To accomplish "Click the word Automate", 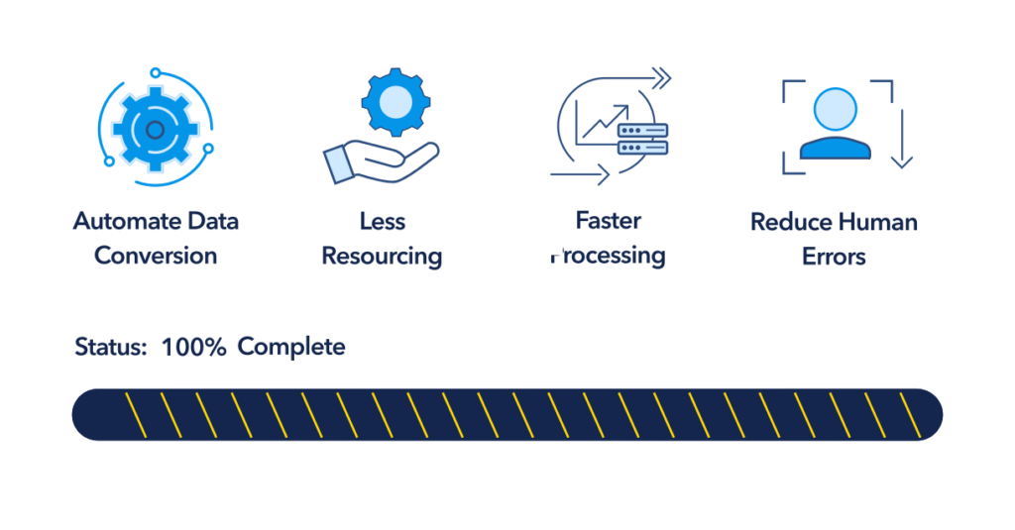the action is [x=127, y=221].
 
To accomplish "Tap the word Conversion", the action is [x=156, y=256].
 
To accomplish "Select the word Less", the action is [x=383, y=221].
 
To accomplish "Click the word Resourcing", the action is [x=382, y=257].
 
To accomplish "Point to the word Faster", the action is [x=609, y=221].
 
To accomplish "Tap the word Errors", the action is [x=834, y=257].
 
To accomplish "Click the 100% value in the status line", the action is [x=193, y=347].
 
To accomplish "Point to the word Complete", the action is [x=291, y=348].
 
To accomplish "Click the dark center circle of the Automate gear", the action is [x=155, y=130].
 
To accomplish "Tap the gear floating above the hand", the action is [x=395, y=102].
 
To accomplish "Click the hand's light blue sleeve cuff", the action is [x=339, y=165].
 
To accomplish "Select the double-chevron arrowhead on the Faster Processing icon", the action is [x=661, y=79].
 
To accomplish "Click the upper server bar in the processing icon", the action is [x=642, y=131].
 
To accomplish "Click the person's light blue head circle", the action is [x=835, y=109].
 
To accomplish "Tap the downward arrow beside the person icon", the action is [x=902, y=139].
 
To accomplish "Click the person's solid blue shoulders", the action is [x=835, y=148].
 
